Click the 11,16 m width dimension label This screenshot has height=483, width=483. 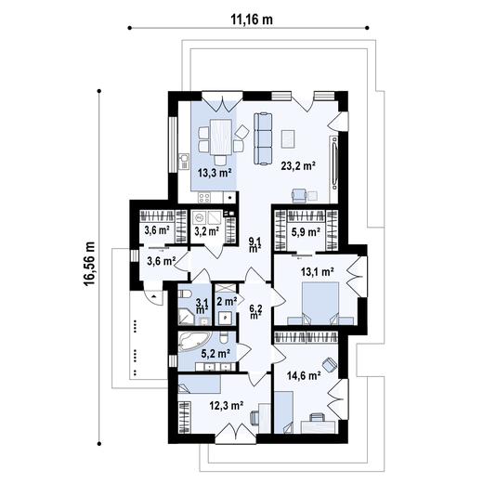coord(252,20)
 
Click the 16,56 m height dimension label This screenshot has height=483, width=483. coord(89,264)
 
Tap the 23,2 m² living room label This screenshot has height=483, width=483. coord(298,166)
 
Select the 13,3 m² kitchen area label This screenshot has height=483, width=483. coord(215,173)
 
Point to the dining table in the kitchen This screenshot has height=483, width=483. coord(221,137)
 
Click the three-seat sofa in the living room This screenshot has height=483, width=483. coord(263,138)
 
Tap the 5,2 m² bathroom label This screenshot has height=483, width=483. coord(215,354)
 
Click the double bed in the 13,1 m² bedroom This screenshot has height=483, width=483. coord(320,303)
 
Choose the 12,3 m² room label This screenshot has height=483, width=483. coord(226,406)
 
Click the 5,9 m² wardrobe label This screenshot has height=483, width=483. coord(306,232)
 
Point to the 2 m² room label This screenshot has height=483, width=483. coord(227,302)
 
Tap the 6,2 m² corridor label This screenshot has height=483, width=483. coord(256,311)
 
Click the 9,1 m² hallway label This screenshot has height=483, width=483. coord(255,244)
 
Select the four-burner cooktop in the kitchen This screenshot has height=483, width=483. coord(204,197)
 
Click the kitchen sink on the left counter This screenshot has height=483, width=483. coord(184,162)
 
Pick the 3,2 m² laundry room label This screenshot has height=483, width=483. coord(207,231)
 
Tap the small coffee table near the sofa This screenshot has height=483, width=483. coord(288,138)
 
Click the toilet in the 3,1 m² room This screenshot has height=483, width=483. coord(185,294)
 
